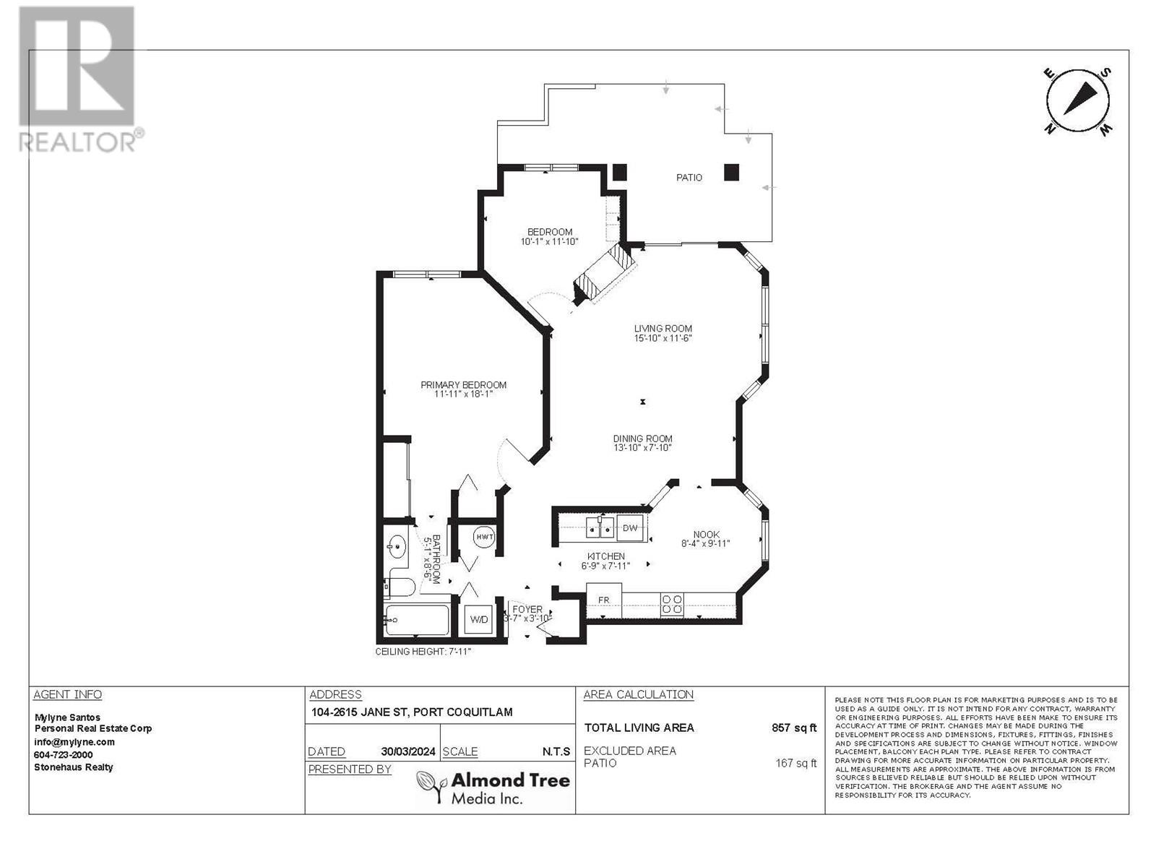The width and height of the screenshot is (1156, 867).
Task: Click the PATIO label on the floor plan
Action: click(689, 178)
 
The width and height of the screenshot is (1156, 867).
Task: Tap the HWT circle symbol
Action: click(484, 537)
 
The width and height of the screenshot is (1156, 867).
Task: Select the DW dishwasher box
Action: click(630, 528)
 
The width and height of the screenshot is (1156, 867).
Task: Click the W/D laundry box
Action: click(479, 620)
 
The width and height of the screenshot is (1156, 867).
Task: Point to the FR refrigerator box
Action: click(603, 600)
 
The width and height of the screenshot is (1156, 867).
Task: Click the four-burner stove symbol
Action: click(672, 604)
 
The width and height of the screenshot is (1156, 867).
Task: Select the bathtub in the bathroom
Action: click(417, 620)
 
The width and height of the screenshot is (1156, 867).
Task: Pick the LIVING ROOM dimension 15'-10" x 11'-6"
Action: click(663, 338)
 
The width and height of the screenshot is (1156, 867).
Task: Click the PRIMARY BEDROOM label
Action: click(463, 385)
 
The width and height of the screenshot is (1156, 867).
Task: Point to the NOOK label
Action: click(706, 535)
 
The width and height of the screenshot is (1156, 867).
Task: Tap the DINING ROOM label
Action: click(642, 439)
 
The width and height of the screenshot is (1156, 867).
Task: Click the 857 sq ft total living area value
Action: click(794, 728)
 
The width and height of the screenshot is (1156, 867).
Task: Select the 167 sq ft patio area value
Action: click(795, 763)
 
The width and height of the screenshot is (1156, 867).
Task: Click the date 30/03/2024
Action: click(408, 751)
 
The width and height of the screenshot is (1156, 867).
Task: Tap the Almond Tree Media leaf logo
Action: click(431, 787)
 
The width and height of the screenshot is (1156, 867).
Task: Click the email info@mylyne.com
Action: click(74, 742)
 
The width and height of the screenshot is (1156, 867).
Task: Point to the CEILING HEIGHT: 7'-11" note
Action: click(423, 652)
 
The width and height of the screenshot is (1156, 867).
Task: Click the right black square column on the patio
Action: click(731, 173)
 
